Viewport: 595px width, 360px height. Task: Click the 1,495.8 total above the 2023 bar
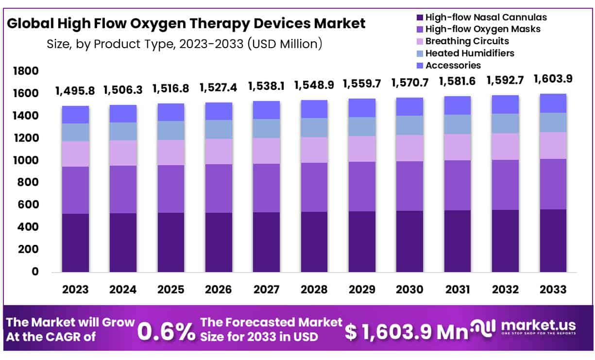click(75, 90)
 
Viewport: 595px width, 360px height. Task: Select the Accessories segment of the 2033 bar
click(553, 103)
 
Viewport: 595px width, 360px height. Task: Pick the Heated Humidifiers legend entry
click(470, 53)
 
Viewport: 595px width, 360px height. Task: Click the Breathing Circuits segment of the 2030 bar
click(410, 148)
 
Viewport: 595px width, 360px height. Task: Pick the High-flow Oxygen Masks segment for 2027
click(267, 188)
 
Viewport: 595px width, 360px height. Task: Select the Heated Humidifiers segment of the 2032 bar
click(506, 123)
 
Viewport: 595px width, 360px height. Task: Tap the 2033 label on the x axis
click(553, 290)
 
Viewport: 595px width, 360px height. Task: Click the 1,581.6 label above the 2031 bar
click(458, 82)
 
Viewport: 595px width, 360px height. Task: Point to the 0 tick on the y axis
click(34, 272)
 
